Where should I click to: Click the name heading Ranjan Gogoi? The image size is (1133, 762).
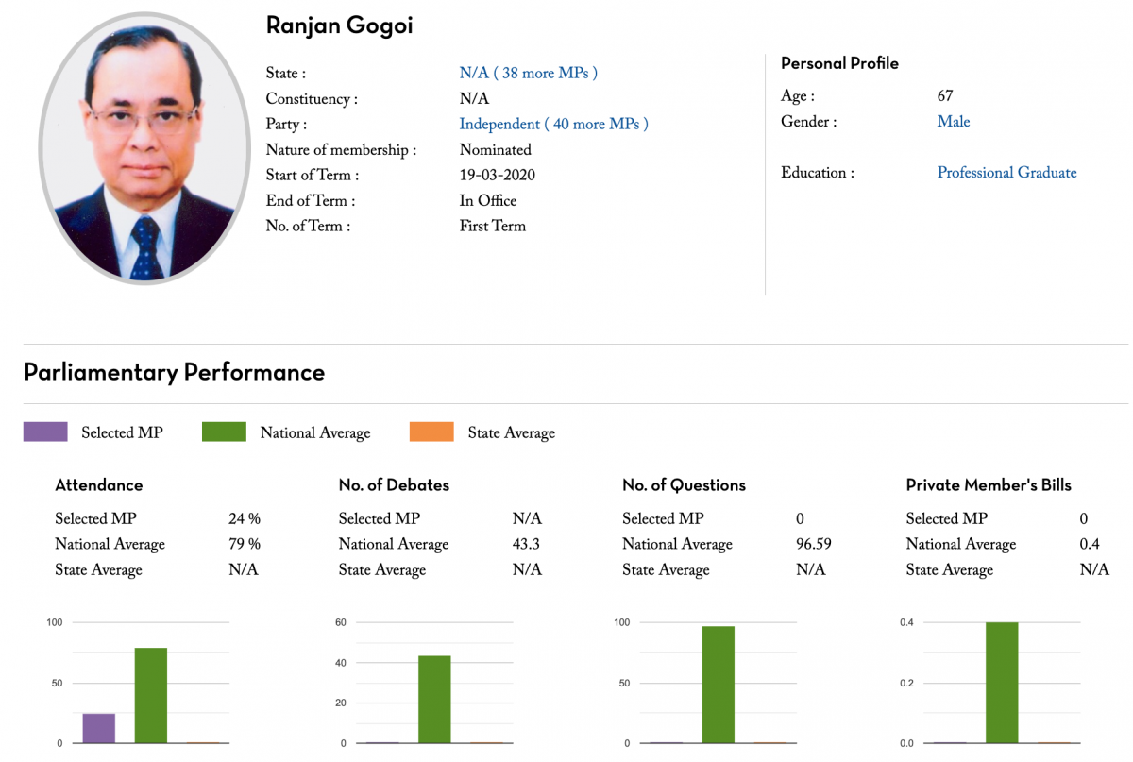pyautogui.click(x=339, y=25)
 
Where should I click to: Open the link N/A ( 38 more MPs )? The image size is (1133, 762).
pyautogui.click(x=528, y=73)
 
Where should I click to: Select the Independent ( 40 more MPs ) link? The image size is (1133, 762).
pyautogui.click(x=553, y=124)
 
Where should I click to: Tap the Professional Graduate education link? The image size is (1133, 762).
pyautogui.click(x=1006, y=172)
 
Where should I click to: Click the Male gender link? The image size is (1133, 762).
pyautogui.click(x=954, y=121)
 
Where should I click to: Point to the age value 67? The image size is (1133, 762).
pyautogui.click(x=945, y=95)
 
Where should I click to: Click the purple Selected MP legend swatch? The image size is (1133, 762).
pyautogui.click(x=45, y=432)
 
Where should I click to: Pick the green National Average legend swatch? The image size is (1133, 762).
pyautogui.click(x=224, y=432)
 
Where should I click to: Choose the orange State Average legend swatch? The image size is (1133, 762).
pyautogui.click(x=431, y=432)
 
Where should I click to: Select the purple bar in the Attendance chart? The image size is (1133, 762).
pyautogui.click(x=99, y=728)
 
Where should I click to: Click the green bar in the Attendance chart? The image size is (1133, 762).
pyautogui.click(x=151, y=695)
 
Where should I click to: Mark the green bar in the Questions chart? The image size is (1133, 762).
pyautogui.click(x=718, y=685)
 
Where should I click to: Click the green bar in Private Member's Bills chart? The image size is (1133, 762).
pyautogui.click(x=1002, y=683)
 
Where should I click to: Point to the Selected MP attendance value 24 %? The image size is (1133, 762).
pyautogui.click(x=244, y=518)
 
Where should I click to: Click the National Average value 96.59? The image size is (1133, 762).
pyautogui.click(x=814, y=544)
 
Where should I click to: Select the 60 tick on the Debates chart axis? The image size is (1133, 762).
pyautogui.click(x=341, y=622)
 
